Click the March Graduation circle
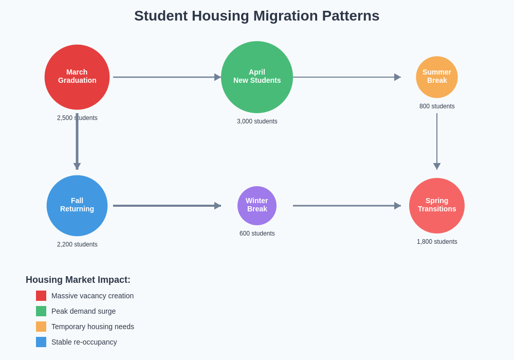tap(77, 77)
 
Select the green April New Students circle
tap(257, 77)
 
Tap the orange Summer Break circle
tap(437, 77)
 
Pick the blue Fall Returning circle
tap(77, 206)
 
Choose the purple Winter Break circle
tap(257, 206)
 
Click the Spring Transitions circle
tap(437, 206)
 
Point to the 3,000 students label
tap(257, 121)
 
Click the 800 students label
tap(437, 106)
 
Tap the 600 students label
tap(257, 233)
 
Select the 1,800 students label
tap(437, 242)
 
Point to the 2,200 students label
tap(77, 244)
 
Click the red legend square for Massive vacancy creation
tap(41, 296)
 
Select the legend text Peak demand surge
tap(83, 311)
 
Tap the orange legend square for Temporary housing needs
tap(41, 327)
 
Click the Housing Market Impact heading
tap(78, 280)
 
